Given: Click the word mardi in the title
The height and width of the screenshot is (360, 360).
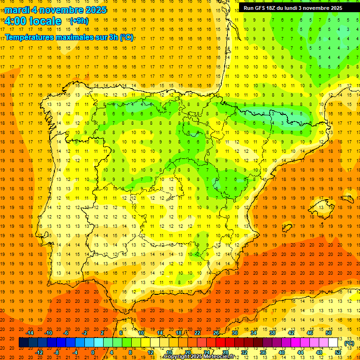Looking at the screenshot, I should (17, 10).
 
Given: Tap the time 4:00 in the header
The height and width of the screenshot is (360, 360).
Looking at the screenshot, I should (15, 21).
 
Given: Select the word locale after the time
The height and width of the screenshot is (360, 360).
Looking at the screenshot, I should (45, 21).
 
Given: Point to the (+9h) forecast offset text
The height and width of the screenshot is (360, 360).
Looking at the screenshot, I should (78, 21).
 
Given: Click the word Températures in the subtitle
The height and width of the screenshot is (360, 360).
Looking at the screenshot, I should (32, 37).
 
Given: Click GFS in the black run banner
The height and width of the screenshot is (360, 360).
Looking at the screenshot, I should (262, 8).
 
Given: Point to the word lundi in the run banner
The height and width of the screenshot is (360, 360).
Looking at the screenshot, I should (298, 8).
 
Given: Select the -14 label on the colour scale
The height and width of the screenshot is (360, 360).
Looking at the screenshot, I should (30, 333).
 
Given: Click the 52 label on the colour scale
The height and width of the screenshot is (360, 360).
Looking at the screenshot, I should (338, 352).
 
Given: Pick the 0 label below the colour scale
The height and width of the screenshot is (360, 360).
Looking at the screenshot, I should (93, 352).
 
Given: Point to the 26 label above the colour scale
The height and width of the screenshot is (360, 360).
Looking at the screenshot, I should (216, 333).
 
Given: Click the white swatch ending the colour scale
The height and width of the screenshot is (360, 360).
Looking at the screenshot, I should (333, 343).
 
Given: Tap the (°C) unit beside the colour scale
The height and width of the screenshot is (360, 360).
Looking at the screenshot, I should (349, 343).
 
